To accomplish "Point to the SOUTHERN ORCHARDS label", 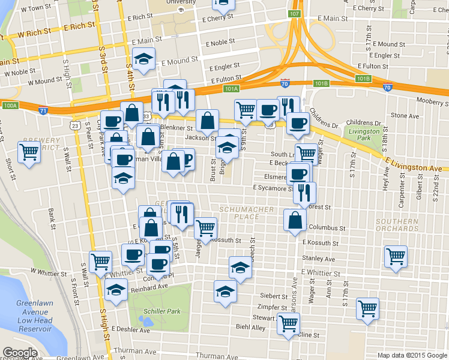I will click(x=397, y=225).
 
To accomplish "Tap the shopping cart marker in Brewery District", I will click(x=29, y=152).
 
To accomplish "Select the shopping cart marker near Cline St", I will click(x=289, y=323).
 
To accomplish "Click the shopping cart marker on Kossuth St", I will click(x=205, y=228).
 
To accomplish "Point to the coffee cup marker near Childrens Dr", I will click(x=298, y=123).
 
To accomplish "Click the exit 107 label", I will click(x=294, y=13).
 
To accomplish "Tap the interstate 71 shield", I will click(x=43, y=112).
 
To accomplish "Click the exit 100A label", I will click(x=10, y=105).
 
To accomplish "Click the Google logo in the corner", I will click(x=20, y=353).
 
